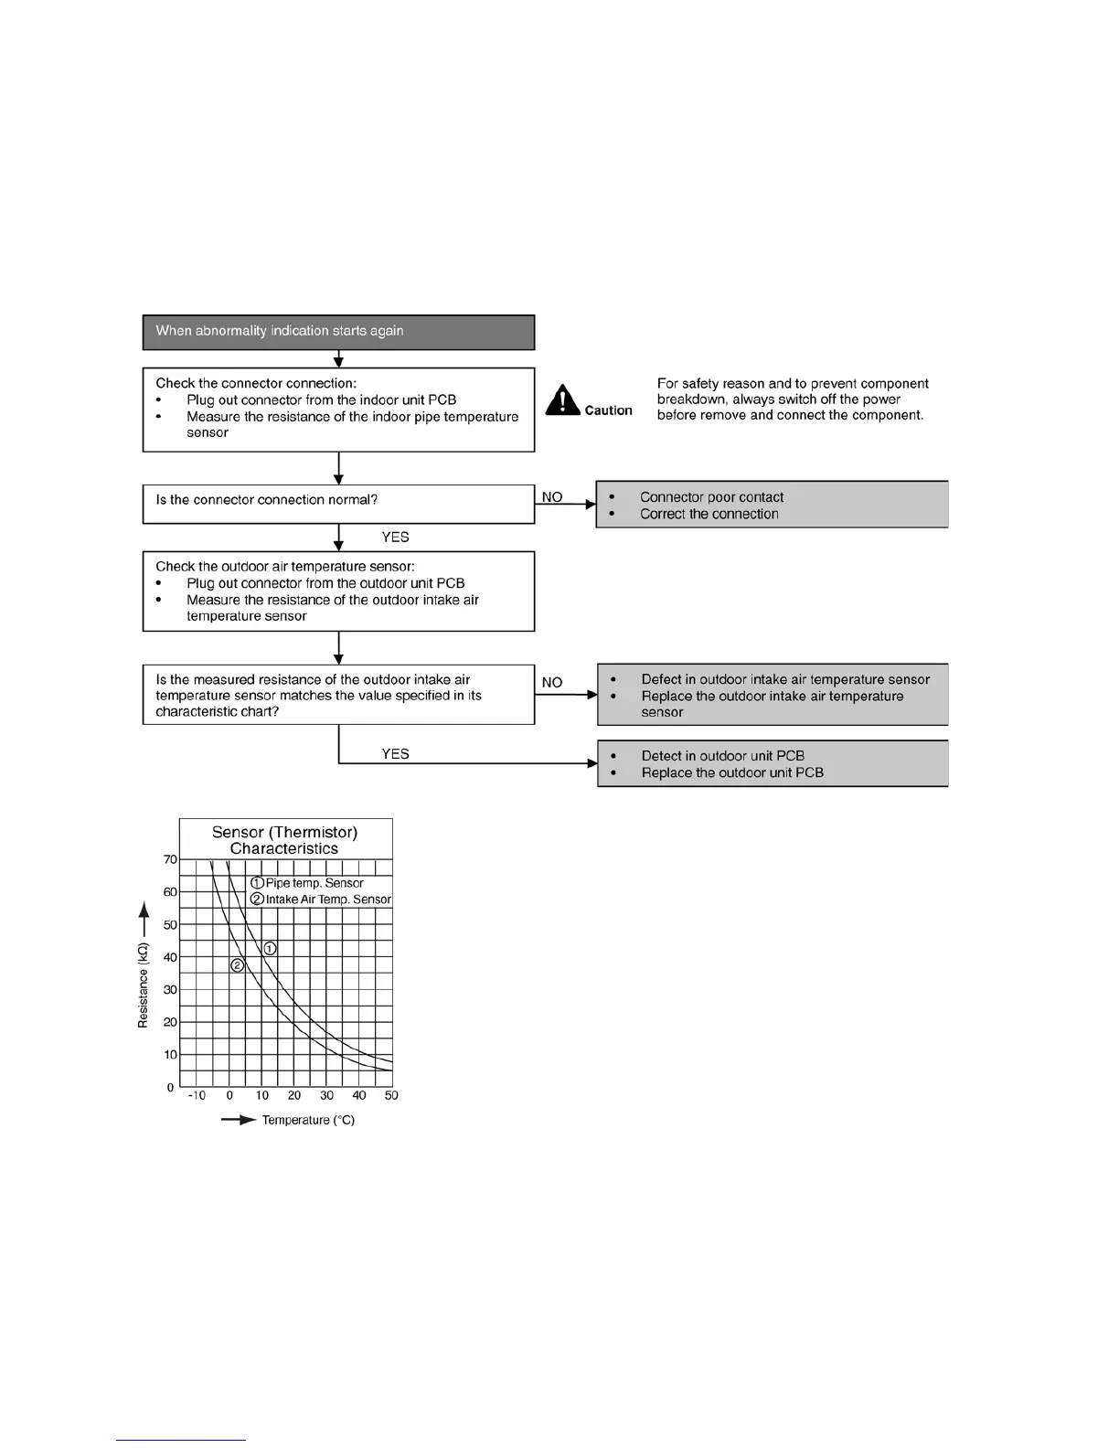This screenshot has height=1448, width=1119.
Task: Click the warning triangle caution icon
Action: click(563, 400)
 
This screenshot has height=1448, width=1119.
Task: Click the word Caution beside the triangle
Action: click(609, 410)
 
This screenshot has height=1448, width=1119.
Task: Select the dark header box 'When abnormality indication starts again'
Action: click(338, 332)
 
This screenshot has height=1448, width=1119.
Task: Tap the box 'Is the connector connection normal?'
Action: click(338, 503)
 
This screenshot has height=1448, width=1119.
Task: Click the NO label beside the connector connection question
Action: click(552, 497)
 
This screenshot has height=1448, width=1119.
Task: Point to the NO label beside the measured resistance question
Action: click(552, 683)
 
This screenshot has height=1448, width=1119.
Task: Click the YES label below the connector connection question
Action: click(395, 538)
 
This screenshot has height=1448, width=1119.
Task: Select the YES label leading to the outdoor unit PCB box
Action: click(395, 754)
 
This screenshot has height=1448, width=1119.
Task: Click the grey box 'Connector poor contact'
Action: click(772, 505)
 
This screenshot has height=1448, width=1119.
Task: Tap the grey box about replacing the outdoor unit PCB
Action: click(773, 763)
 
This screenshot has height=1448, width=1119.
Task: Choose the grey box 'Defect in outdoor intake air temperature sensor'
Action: click(773, 695)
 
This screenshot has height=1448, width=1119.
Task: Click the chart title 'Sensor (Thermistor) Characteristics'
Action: click(284, 840)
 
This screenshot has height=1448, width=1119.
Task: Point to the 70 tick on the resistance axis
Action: click(171, 859)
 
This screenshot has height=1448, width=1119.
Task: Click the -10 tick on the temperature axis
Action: click(196, 1095)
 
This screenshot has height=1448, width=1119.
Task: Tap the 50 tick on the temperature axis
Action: click(391, 1095)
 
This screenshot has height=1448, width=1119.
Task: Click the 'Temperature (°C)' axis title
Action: click(308, 1120)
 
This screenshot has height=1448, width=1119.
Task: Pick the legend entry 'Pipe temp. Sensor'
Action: click(307, 883)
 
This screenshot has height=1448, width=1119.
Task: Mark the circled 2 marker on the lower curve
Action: click(237, 965)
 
